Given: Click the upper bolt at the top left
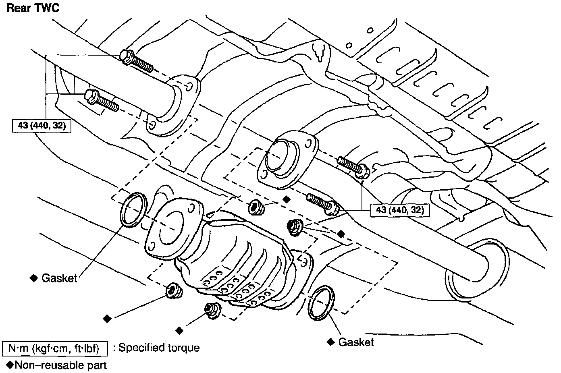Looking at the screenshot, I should pos(137,61).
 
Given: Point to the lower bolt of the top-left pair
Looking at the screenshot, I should pos(101,100).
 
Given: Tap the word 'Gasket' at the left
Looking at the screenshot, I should pos(59,278).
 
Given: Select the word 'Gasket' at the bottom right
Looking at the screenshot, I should pos(356,342).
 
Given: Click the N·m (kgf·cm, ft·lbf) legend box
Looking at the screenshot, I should pos(56,348).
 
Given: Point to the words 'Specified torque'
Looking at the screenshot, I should pos(159,348).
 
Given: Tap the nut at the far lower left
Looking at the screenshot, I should pos(174,290).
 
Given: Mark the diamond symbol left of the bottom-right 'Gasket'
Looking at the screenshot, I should pos(330,342).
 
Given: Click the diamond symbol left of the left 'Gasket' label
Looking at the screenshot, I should pos(34,278).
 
